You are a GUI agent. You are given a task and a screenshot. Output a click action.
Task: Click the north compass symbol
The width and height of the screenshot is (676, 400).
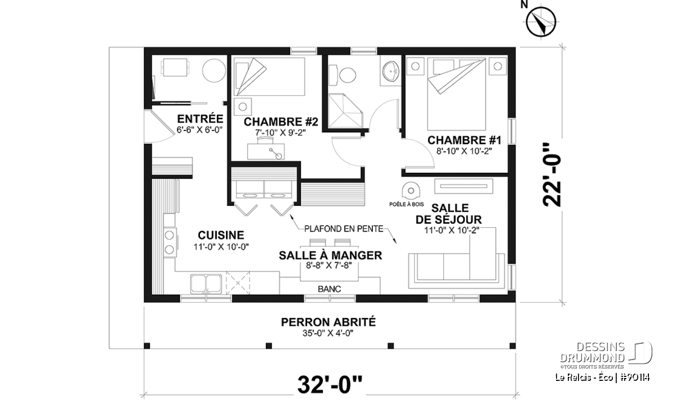541,22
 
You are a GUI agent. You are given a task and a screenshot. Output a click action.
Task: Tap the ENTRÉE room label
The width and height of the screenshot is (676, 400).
200,119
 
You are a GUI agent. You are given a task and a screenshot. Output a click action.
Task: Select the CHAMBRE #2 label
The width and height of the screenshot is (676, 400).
281,122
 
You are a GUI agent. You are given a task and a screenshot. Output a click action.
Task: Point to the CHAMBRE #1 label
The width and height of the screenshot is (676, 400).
464,141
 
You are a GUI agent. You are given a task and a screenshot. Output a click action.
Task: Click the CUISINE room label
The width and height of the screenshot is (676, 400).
221,235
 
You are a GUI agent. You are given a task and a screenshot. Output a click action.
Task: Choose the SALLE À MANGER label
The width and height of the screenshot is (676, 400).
330,255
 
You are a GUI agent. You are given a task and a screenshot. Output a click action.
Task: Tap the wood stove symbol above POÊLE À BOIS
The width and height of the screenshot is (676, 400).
411,191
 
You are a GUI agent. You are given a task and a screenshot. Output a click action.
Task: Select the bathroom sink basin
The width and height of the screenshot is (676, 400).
391,71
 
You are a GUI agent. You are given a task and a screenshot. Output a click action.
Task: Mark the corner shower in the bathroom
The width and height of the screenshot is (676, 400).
345,111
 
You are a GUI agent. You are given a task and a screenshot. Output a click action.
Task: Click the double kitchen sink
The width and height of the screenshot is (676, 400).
206,284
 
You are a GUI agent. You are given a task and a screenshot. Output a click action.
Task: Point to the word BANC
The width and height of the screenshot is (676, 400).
329,289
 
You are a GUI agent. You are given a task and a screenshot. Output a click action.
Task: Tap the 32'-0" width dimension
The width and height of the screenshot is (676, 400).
330,385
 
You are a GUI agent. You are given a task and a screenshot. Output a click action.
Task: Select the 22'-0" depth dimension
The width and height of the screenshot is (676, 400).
552,175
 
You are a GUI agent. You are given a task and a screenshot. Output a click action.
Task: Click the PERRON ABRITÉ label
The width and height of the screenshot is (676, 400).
328,322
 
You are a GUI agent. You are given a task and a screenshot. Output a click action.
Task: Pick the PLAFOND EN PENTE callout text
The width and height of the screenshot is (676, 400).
344,229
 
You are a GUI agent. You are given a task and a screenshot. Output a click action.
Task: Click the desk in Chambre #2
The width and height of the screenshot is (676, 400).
266,151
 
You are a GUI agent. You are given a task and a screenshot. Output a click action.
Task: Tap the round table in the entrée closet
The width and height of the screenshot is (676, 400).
214,70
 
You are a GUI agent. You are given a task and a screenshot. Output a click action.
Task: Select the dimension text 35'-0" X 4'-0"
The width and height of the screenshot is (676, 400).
328,334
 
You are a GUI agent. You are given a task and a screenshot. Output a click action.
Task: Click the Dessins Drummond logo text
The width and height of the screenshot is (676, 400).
592,352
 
